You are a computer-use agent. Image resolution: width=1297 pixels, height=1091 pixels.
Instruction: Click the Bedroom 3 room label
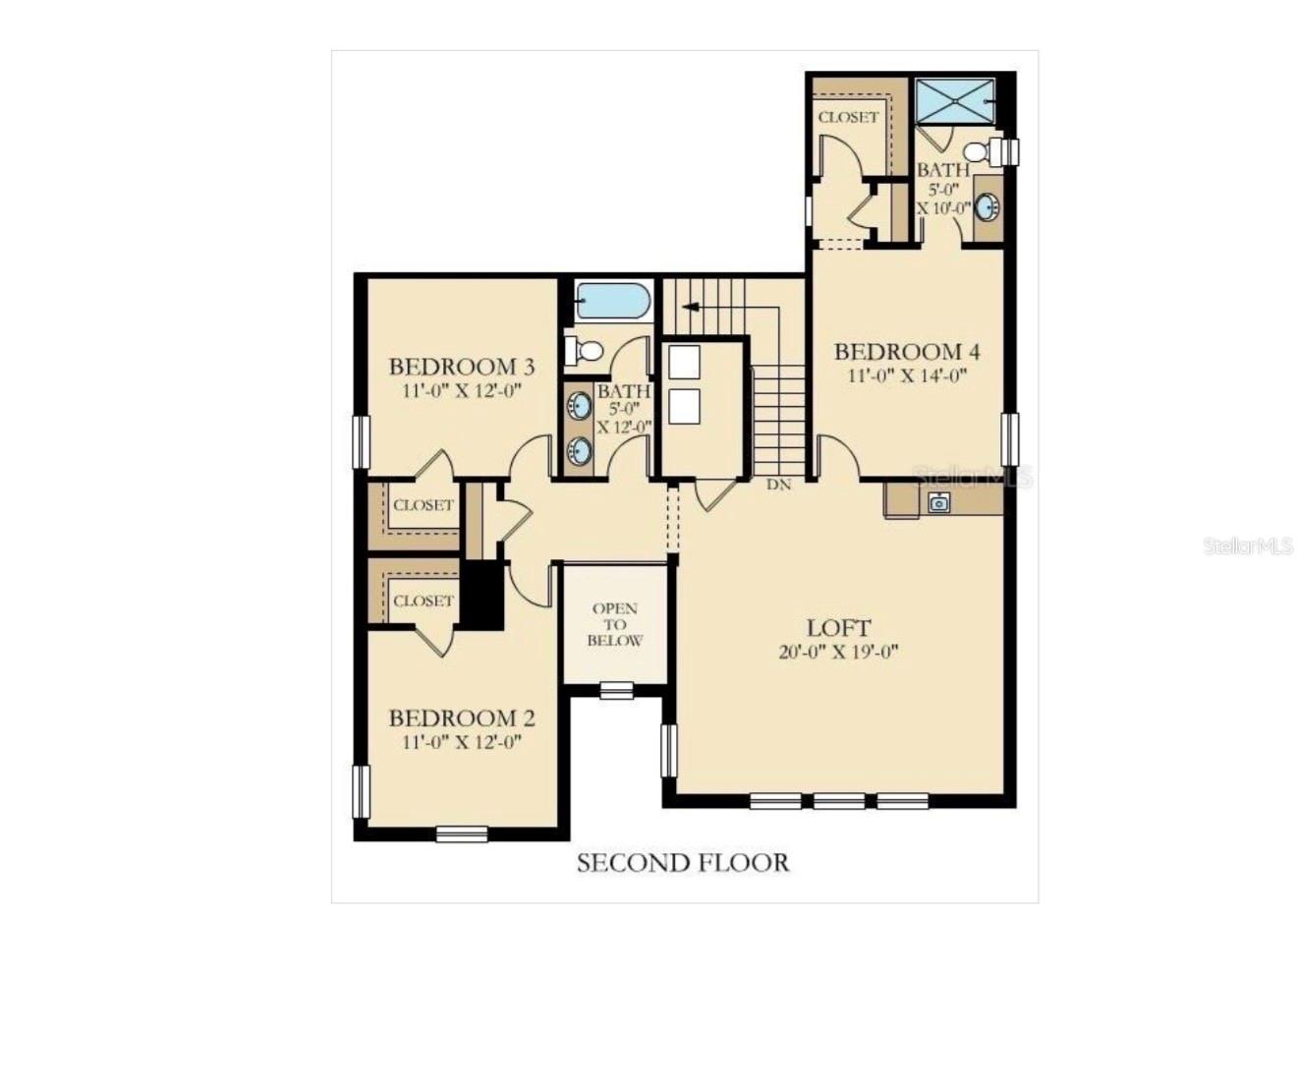pos(461,367)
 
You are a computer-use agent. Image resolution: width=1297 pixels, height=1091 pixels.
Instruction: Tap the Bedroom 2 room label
pos(461,718)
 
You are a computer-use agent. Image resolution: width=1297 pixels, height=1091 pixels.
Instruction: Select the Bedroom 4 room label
pos(906,351)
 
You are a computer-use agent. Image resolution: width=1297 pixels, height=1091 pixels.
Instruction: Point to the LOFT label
pos(838,627)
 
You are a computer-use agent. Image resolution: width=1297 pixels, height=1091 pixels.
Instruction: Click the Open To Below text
pos(615,624)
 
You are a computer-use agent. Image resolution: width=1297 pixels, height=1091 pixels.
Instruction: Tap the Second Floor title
pos(682,863)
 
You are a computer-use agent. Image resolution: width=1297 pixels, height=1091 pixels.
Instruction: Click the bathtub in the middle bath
pos(612,301)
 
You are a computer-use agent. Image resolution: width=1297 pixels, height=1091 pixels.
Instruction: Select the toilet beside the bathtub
pos(586,350)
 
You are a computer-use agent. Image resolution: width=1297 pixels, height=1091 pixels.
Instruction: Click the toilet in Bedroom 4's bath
pos(979,151)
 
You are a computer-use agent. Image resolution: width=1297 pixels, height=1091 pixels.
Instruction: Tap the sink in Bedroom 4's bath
pos(987,207)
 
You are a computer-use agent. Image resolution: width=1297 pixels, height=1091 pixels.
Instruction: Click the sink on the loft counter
pos(938,502)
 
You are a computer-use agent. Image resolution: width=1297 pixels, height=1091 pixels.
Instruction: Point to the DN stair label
pos(778,485)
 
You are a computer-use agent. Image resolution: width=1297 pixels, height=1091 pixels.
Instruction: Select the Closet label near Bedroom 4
pos(848,117)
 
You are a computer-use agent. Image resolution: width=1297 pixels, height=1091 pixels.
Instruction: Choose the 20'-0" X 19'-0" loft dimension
pos(838,652)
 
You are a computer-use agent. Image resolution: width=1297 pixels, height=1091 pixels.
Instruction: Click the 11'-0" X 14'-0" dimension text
pos(906,374)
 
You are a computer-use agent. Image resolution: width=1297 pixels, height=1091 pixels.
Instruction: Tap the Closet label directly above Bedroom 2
pos(423,601)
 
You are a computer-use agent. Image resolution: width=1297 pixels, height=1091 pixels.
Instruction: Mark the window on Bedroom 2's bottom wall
pos(461,834)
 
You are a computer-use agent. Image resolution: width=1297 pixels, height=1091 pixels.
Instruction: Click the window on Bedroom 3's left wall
pos(361,441)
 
